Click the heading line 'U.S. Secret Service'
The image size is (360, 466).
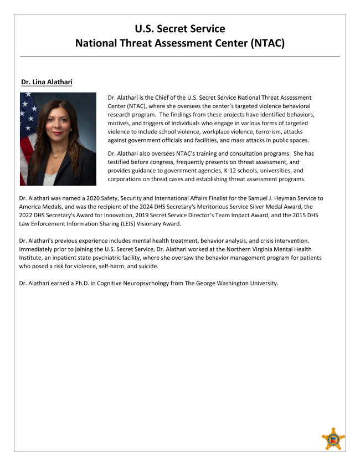180,28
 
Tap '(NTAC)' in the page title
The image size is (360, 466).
264,42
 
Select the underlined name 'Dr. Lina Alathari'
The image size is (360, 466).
47,83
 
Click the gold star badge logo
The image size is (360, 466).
333,439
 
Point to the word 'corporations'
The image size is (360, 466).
128,179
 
